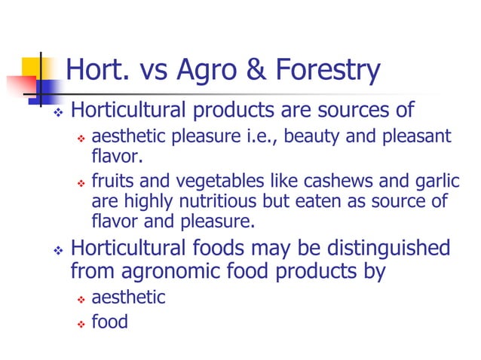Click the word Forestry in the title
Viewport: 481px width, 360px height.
[x=327, y=72]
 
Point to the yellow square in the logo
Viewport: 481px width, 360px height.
[x=35, y=69]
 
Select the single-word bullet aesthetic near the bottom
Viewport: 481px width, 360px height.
[x=128, y=297]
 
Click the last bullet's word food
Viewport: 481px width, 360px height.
[x=109, y=322]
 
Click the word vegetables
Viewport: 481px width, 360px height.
[x=192, y=183]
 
